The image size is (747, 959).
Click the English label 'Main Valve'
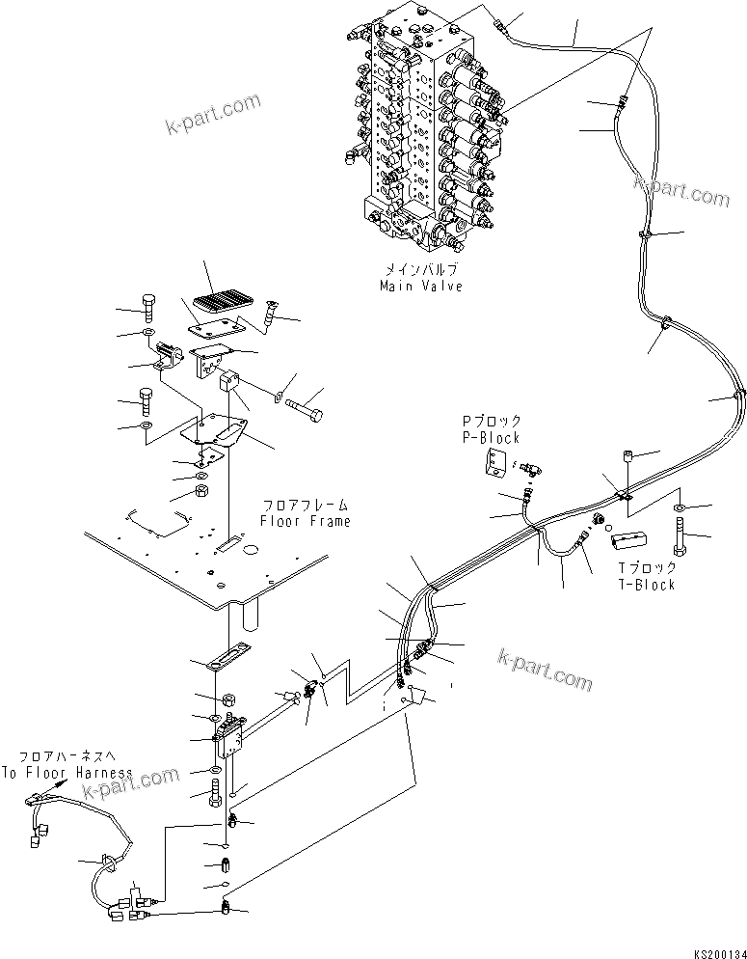click(420, 287)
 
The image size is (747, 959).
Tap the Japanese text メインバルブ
click(420, 272)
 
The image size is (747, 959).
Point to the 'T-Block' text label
click(648, 585)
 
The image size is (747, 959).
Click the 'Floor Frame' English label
click(305, 521)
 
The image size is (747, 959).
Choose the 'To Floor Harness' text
click(67, 773)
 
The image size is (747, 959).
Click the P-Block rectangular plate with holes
click(496, 465)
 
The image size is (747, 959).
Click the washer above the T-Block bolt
click(680, 507)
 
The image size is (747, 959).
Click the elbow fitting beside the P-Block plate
click(528, 469)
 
